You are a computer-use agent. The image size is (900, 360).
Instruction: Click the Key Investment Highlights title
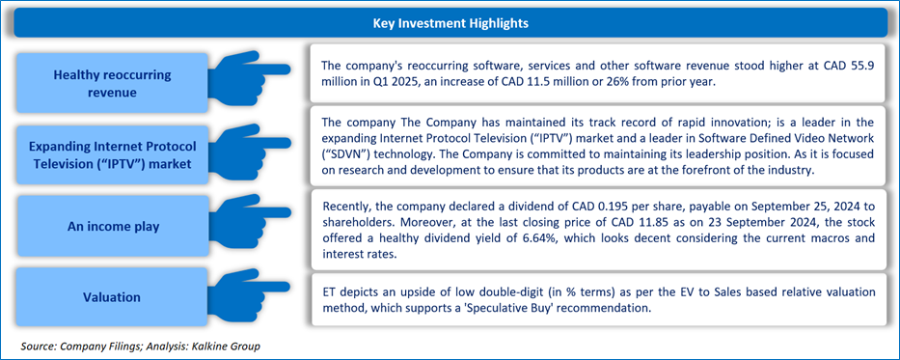450,23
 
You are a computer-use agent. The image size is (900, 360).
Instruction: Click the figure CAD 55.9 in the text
849,66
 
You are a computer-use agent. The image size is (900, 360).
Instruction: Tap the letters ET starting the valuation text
328,292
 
